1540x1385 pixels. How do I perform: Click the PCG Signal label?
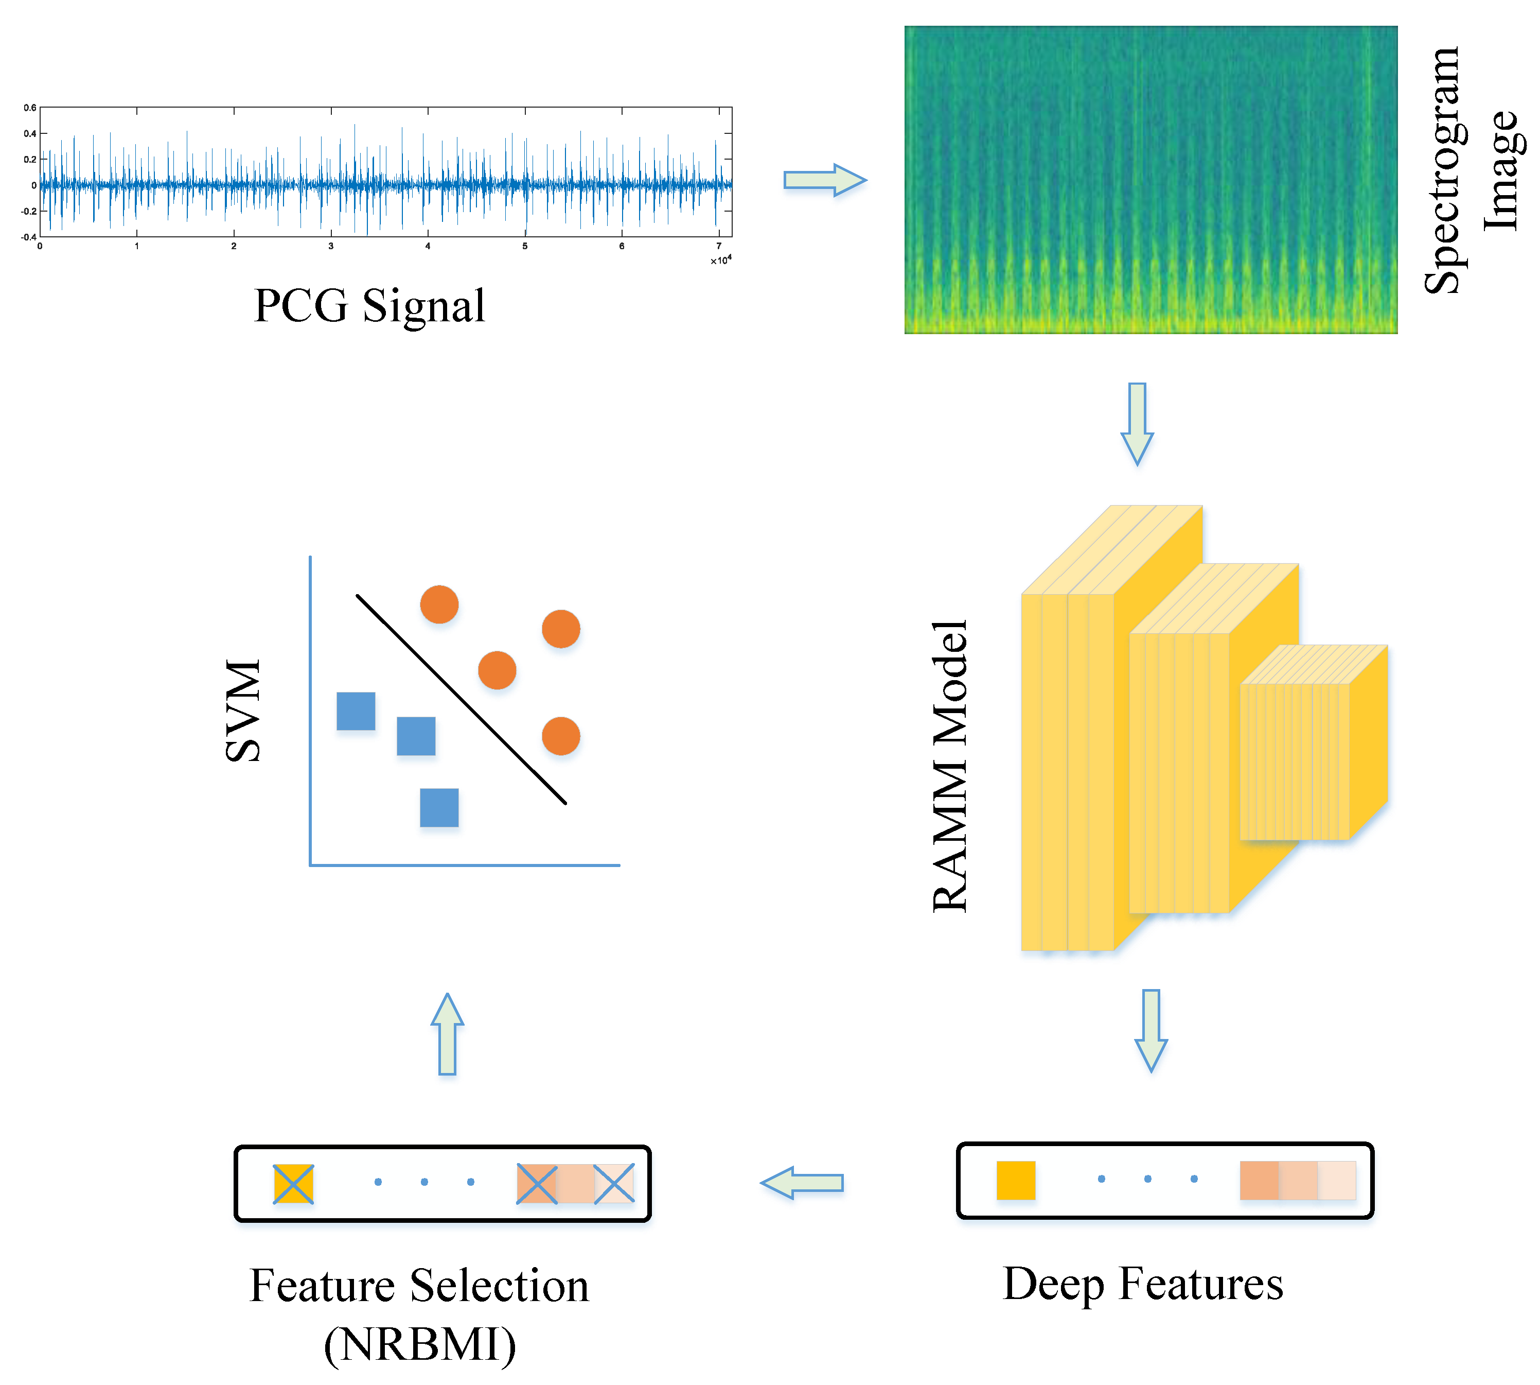(369, 306)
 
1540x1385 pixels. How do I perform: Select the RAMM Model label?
(951, 765)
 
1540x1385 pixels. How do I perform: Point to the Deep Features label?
(1142, 1284)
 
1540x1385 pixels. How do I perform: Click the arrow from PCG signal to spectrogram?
(824, 180)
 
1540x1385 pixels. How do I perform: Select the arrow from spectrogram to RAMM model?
(1137, 423)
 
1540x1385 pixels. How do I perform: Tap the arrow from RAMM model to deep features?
(1150, 1030)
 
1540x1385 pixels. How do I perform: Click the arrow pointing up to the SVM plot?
(447, 1033)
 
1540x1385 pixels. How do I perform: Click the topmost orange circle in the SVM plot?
(439, 604)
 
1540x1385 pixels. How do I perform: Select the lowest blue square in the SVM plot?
(439, 807)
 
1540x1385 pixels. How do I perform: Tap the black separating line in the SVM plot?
(461, 699)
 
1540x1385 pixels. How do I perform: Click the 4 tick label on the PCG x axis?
(428, 246)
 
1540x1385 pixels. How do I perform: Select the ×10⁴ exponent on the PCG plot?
(720, 260)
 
